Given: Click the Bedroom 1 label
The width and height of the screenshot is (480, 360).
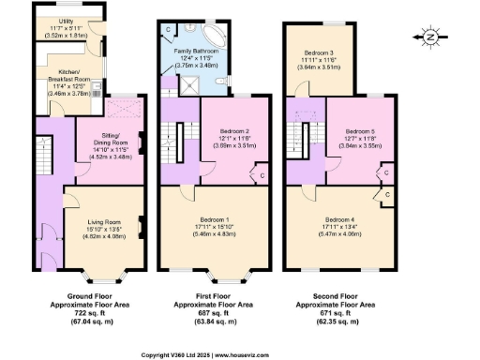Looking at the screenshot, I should point(217,218).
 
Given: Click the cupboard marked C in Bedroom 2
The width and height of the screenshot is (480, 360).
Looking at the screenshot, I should point(260,174).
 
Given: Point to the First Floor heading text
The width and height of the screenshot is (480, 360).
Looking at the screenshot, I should point(217,297).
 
